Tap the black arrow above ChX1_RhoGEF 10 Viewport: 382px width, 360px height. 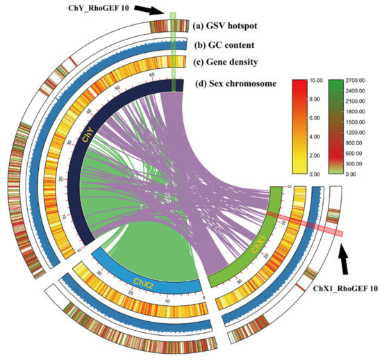pos(346,262)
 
